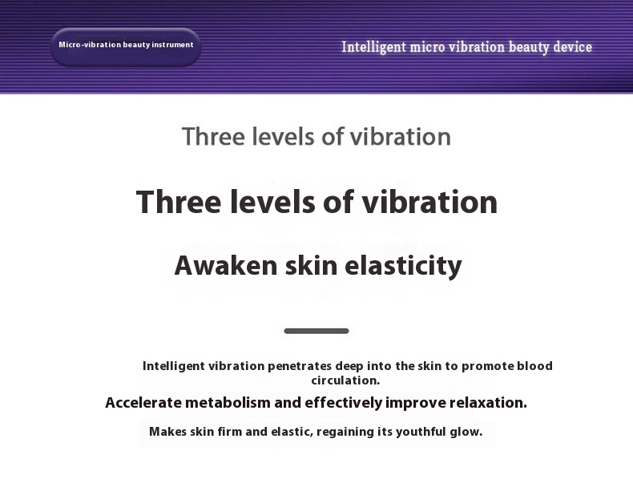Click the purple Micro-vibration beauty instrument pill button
(126, 46)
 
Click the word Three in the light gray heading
(213, 136)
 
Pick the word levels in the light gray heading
(284, 136)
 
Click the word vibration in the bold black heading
(429, 202)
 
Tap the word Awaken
(226, 265)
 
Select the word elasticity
(403, 266)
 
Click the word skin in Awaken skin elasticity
(311, 265)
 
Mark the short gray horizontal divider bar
(316, 332)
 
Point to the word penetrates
(300, 366)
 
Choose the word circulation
(345, 380)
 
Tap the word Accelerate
(143, 403)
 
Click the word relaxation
(488, 403)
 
